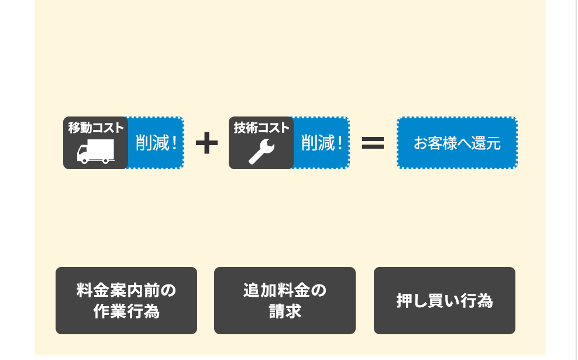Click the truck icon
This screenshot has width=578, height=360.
click(95, 152)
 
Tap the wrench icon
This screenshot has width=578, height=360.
click(261, 152)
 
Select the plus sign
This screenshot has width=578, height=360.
click(207, 143)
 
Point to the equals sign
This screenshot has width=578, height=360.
click(373, 143)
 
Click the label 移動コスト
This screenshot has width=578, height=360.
click(95, 127)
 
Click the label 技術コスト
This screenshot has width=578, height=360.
click(261, 127)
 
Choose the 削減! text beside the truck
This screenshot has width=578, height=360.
click(156, 143)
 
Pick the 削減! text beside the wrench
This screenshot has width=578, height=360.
click(321, 143)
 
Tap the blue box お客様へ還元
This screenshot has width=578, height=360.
click(457, 143)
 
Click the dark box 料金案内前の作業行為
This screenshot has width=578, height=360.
click(126, 300)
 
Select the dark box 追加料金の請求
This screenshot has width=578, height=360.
click(285, 300)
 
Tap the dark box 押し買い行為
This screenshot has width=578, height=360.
click(445, 300)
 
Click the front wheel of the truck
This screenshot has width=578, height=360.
click(85, 160)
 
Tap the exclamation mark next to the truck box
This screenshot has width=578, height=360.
click(175, 143)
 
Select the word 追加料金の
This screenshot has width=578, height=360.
click(285, 290)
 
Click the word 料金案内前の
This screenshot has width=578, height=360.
click(126, 290)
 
